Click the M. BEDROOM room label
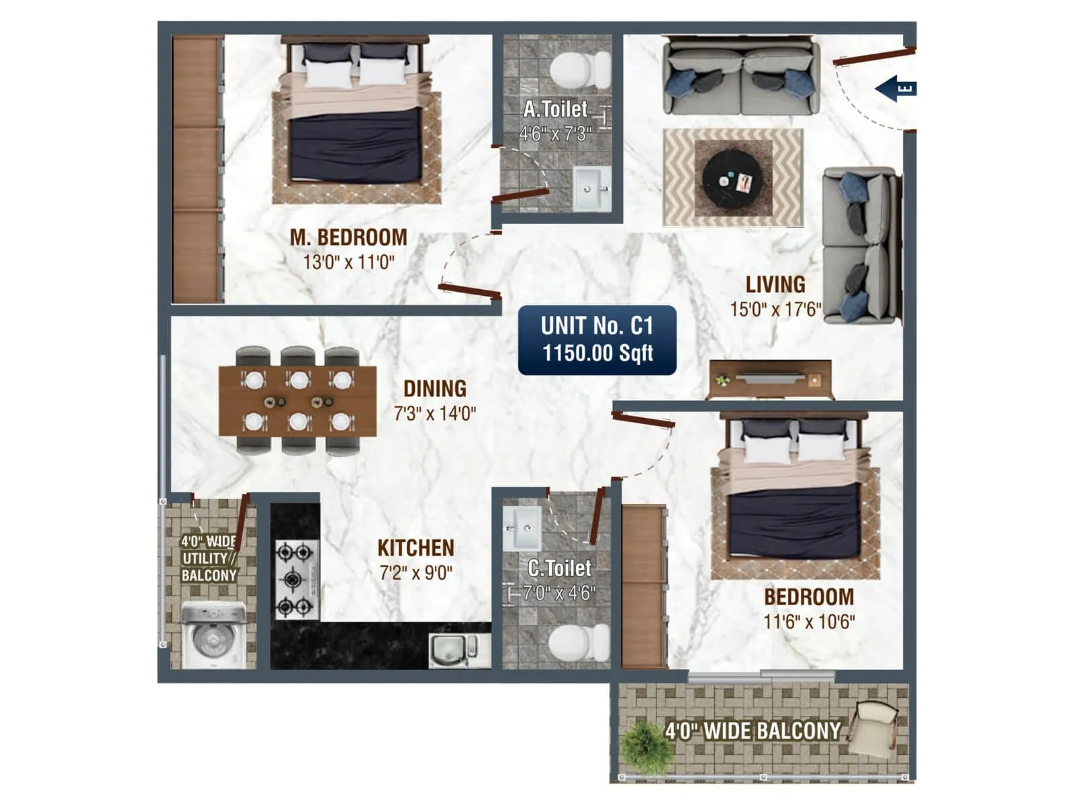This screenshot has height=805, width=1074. [x=348, y=237]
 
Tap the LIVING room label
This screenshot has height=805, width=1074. [x=775, y=284]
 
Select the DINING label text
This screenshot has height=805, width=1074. [x=435, y=388]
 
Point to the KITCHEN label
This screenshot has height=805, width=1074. [x=416, y=548]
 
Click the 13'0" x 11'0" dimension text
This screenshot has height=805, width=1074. [x=348, y=262]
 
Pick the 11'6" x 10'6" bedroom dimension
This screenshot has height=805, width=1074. [x=809, y=622]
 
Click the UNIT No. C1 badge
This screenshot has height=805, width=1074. [x=597, y=340]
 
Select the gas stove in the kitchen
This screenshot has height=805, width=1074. [x=295, y=578]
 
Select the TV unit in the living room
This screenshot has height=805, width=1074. [x=770, y=379]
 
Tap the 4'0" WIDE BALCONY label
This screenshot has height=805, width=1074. [x=752, y=731]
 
